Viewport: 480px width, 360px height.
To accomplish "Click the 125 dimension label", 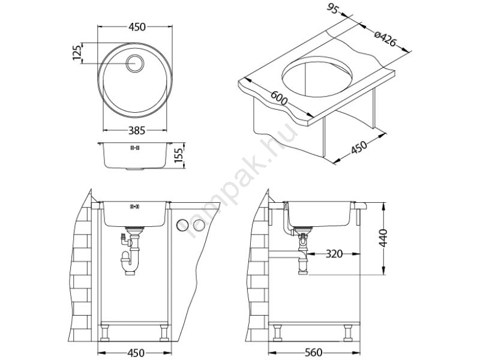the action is [x=78, y=53].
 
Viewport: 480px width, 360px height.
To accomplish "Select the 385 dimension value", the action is [x=136, y=131].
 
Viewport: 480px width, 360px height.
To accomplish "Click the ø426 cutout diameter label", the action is [x=385, y=38].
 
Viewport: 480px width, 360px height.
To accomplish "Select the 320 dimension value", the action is [x=334, y=254].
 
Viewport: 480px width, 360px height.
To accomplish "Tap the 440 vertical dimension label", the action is [x=383, y=238].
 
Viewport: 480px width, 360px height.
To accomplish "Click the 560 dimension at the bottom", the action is [x=314, y=353].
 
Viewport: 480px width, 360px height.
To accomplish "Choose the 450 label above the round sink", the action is [x=137, y=27].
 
